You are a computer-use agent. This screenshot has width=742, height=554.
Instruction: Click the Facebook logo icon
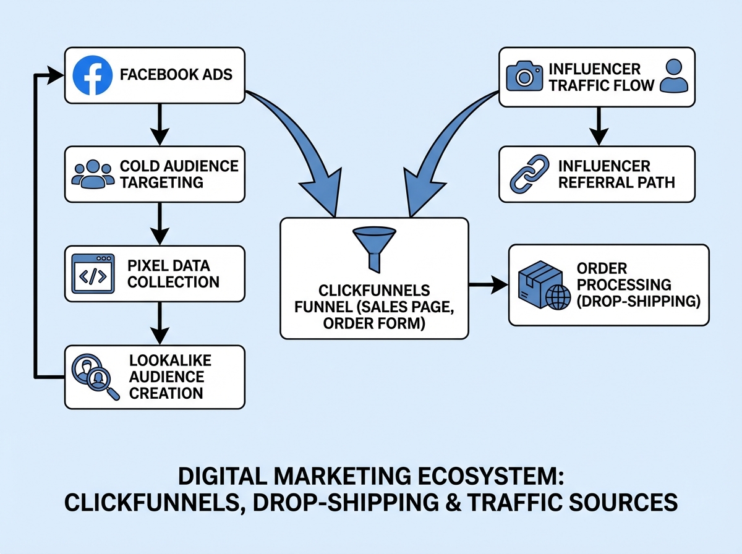(92, 75)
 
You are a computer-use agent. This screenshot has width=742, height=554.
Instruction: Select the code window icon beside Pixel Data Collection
(93, 273)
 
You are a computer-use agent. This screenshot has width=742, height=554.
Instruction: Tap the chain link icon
(526, 174)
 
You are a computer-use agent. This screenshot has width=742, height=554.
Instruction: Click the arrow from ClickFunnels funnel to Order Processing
(488, 285)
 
